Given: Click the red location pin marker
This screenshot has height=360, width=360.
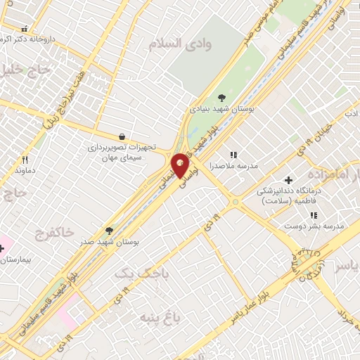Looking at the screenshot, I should (x=181, y=166).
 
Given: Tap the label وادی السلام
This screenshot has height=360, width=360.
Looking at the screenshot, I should (x=180, y=44).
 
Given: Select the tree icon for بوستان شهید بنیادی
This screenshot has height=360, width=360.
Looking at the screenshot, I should (x=221, y=97).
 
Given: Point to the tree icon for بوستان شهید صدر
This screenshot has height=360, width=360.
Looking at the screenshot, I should (x=108, y=230).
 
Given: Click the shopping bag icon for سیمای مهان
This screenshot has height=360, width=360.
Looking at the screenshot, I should (x=123, y=136).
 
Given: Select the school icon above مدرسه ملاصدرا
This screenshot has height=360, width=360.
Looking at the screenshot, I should (x=233, y=155).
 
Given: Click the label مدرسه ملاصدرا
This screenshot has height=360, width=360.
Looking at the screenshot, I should (x=235, y=167).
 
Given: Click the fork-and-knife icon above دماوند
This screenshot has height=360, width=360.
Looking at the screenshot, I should (x=25, y=160).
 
